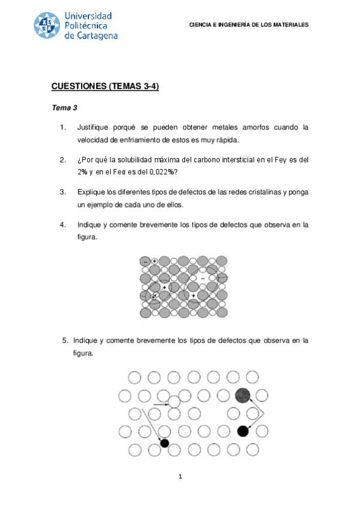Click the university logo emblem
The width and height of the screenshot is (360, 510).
pos(47,26)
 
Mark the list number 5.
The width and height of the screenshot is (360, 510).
pos(66,341)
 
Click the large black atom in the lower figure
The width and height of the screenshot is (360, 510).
pos(243,431)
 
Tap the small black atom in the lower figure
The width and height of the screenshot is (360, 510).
pos(164,443)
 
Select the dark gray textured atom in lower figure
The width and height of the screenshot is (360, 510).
pos(242,395)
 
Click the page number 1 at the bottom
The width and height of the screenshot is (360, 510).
pos(180,478)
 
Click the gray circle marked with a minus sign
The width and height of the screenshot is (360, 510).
pos(145,262)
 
